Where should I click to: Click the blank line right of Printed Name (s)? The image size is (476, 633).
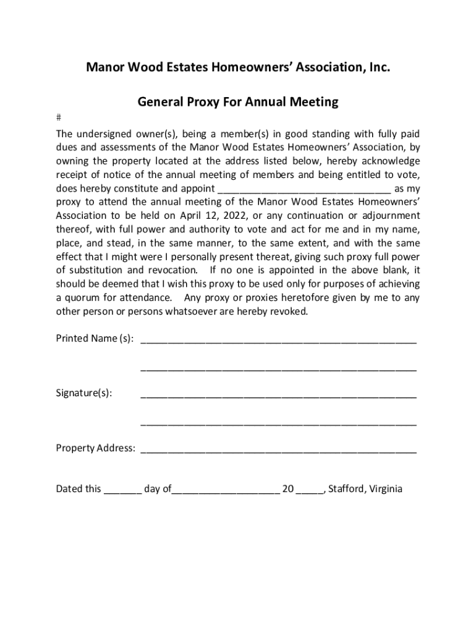[x=278, y=340]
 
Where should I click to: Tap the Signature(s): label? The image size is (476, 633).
[x=84, y=393]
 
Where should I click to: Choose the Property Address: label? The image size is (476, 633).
[x=96, y=448]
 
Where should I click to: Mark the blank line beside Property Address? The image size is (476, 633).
[x=278, y=450]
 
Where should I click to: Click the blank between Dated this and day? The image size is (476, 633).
[x=122, y=491]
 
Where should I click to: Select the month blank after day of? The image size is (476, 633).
[x=225, y=491]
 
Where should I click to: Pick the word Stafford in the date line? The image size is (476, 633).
[x=347, y=489]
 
